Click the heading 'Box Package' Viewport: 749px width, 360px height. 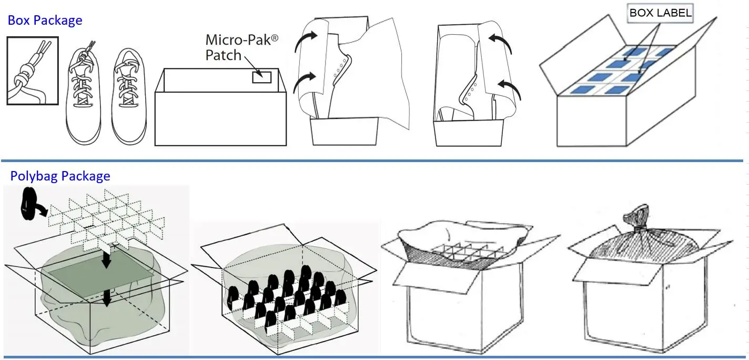pyautogui.click(x=45, y=21)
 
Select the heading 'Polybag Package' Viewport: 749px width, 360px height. pyautogui.click(x=60, y=176)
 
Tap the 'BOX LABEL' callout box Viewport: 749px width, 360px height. pyautogui.click(x=660, y=14)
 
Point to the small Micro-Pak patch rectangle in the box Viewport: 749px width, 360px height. pyautogui.click(x=261, y=77)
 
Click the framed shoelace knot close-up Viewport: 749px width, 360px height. pyautogui.click(x=32, y=71)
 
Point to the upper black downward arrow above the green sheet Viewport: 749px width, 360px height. pyautogui.click(x=107, y=259)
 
